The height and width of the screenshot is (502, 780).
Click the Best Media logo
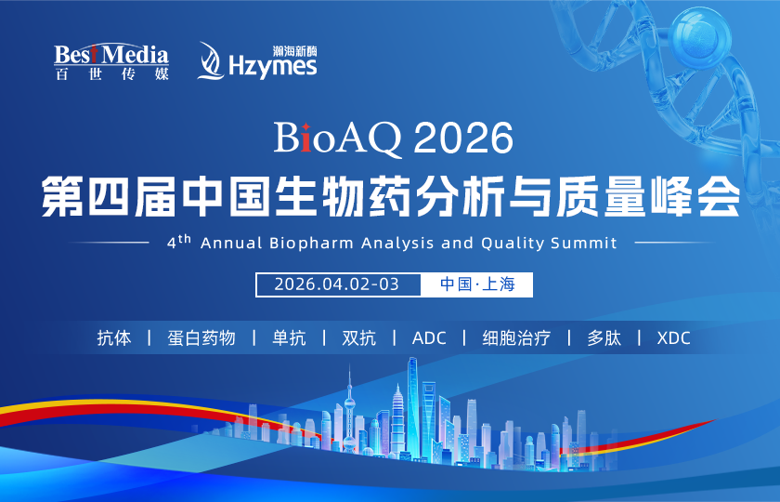pyautogui.click(x=110, y=61)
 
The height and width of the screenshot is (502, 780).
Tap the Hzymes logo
pyautogui.click(x=257, y=60)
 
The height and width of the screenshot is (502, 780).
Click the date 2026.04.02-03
pyautogui.click(x=337, y=284)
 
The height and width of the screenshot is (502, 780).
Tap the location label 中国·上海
pyautogui.click(x=477, y=284)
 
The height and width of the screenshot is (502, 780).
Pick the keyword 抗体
pyautogui.click(x=114, y=337)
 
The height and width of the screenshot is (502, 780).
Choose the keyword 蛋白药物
pyautogui.click(x=201, y=337)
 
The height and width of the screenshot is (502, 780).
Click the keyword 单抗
pyautogui.click(x=289, y=337)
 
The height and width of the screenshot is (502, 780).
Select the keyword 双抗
pyautogui.click(x=359, y=337)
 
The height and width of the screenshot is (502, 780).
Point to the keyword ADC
pyautogui.click(x=429, y=337)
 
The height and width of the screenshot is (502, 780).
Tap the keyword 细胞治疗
pyautogui.click(x=516, y=337)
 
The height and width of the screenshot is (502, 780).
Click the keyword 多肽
pyautogui.click(x=604, y=337)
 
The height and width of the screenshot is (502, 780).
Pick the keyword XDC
pyautogui.click(x=673, y=337)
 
